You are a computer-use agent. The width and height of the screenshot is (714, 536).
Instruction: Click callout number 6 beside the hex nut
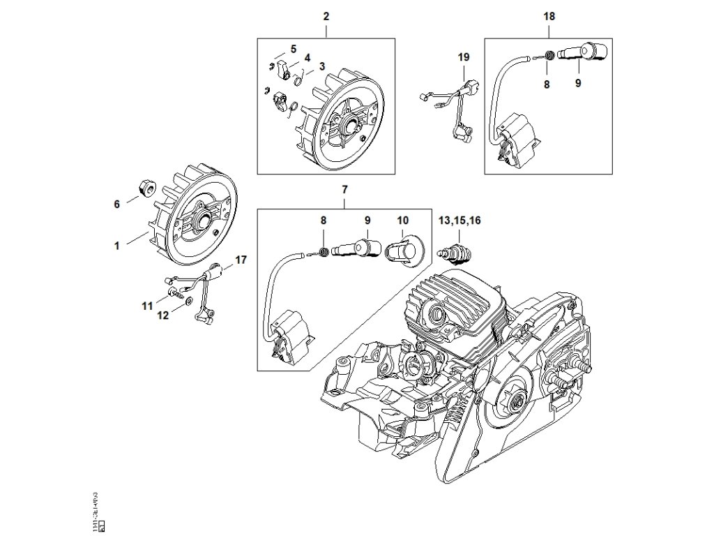[117, 204]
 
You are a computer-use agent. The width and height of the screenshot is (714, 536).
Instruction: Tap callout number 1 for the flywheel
[117, 246]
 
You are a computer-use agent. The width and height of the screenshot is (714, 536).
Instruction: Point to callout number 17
[241, 260]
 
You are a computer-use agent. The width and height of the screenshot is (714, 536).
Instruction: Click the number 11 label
[146, 306]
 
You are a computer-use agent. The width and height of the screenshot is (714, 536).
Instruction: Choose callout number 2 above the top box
[326, 15]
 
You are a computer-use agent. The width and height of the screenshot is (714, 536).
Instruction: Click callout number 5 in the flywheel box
[294, 49]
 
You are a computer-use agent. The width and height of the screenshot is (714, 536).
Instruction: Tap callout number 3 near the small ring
[321, 66]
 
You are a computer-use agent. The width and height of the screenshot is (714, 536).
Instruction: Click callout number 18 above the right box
[549, 15]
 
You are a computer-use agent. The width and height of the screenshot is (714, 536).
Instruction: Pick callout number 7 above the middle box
[344, 190]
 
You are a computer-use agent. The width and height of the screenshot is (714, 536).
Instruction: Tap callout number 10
[402, 220]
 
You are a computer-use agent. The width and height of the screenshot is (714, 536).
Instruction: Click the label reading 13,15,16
[459, 220]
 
